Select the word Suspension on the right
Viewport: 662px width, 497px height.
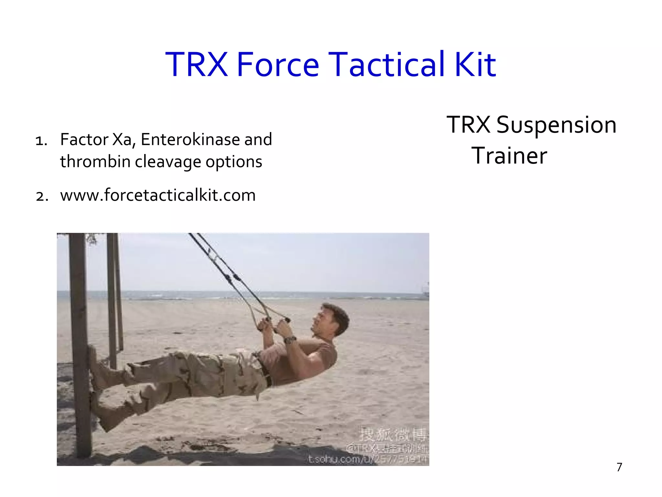coord(556,125)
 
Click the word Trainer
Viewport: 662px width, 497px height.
coord(509,156)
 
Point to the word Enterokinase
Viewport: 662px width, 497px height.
coord(191,140)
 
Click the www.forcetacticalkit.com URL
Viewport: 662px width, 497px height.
coord(158,195)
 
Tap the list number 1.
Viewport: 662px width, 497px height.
coord(41,141)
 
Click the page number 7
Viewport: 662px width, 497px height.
coord(619,467)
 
